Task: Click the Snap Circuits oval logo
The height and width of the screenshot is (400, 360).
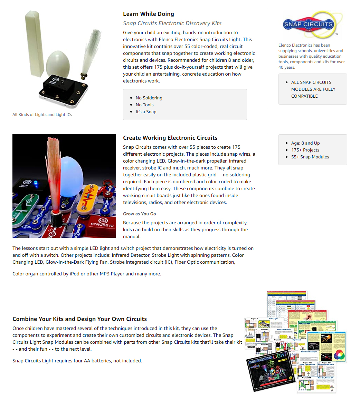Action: click(x=308, y=25)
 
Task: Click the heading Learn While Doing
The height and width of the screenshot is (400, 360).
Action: click(x=148, y=14)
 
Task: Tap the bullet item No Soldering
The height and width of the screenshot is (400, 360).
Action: click(x=149, y=98)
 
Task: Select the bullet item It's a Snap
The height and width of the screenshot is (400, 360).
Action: click(x=146, y=112)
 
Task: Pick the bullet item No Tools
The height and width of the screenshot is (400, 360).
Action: click(x=144, y=105)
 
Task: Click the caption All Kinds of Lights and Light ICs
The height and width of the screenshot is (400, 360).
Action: click(x=42, y=115)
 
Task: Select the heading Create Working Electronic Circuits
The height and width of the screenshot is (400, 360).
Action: click(x=170, y=138)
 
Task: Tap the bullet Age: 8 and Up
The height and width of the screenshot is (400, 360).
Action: click(x=305, y=143)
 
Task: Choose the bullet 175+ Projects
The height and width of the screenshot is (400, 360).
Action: click(x=305, y=150)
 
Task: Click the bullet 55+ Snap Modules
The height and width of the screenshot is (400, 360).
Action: click(x=310, y=157)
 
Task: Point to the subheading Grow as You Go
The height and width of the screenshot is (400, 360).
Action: click(x=139, y=214)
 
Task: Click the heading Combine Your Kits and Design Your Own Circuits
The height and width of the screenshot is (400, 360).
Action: click(x=79, y=319)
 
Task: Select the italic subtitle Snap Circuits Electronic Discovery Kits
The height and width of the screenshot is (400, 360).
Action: click(x=172, y=23)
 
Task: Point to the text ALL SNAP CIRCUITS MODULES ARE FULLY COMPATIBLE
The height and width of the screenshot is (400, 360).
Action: click(x=313, y=89)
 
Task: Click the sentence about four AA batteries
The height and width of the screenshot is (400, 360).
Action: click(x=77, y=361)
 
